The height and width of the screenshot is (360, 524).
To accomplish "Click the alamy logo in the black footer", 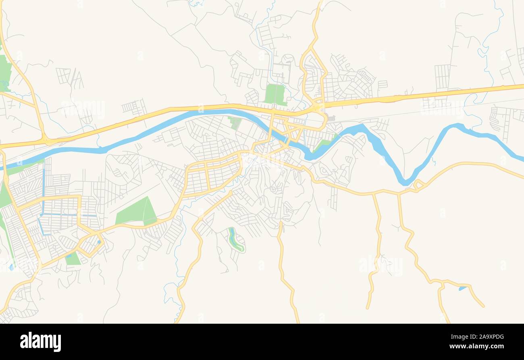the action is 40,342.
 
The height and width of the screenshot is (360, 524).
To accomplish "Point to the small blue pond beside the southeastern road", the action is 462,288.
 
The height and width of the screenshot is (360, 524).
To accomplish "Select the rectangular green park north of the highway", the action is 275,94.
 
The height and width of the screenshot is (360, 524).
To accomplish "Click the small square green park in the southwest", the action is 73,259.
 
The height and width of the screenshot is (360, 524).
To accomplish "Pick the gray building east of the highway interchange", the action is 331,118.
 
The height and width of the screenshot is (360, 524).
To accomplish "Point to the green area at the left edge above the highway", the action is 5,73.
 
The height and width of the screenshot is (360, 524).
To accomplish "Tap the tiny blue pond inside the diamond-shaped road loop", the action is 98,242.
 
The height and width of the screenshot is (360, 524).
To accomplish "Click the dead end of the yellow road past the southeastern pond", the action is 483,306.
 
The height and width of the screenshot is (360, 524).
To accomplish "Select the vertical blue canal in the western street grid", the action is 43,189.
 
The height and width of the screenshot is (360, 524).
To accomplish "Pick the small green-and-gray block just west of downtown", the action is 235,122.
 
